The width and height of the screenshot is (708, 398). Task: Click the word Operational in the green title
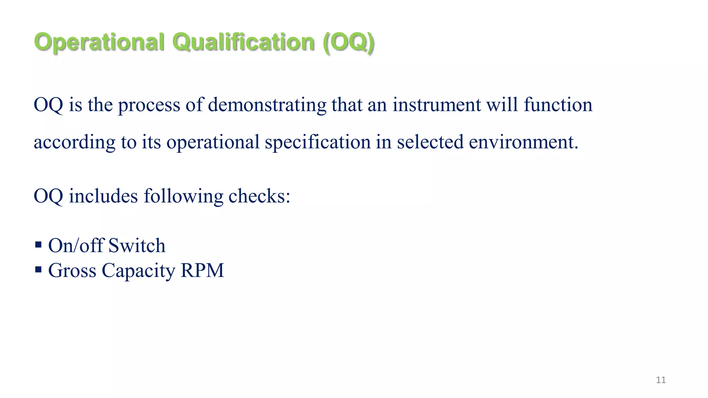[99, 42]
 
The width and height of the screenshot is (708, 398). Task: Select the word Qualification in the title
[243, 42]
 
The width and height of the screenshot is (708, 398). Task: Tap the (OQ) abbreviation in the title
[348, 42]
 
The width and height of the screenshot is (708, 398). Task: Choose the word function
[558, 105]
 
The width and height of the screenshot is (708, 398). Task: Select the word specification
[318, 142]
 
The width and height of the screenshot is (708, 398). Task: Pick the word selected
[430, 142]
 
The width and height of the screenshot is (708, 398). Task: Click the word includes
[103, 196]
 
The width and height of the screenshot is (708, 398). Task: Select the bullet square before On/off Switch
[38, 245]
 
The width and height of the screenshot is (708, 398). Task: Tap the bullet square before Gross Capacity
[38, 269]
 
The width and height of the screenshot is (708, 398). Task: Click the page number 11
[661, 380]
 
